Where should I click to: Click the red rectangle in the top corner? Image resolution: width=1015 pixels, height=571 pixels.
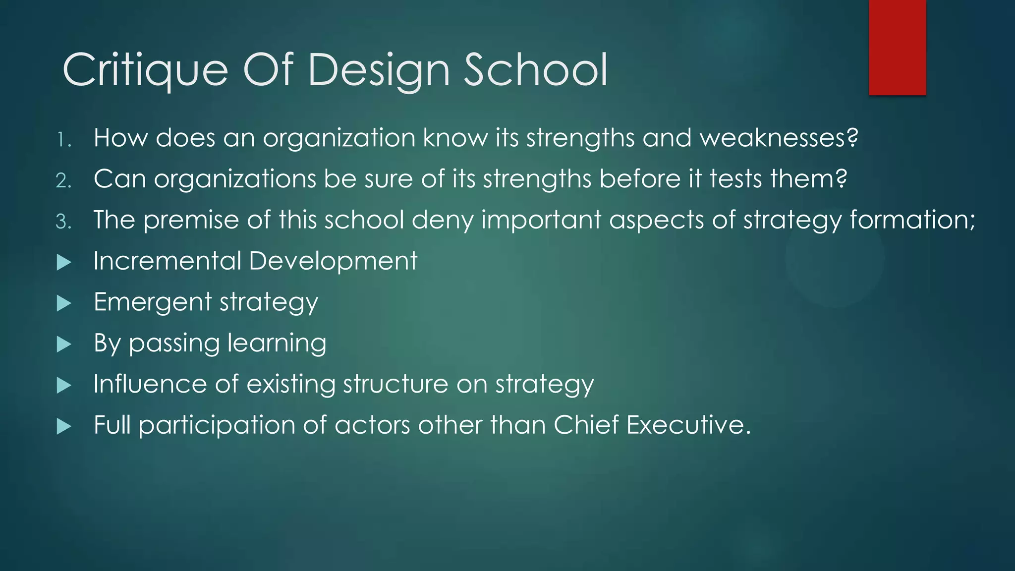pyautogui.click(x=897, y=47)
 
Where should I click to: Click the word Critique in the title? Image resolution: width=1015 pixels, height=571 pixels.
pyautogui.click(x=145, y=70)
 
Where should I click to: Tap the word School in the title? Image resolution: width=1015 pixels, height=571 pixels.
pyautogui.click(x=535, y=70)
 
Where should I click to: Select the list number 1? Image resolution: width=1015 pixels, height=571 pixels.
pyautogui.click(x=63, y=140)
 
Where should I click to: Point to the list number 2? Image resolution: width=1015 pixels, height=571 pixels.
pyautogui.click(x=63, y=181)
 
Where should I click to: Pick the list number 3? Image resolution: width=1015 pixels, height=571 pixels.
pyautogui.click(x=63, y=222)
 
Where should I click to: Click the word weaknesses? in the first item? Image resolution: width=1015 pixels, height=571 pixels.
pyautogui.click(x=779, y=138)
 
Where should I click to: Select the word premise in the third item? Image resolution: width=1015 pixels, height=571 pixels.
pyautogui.click(x=191, y=220)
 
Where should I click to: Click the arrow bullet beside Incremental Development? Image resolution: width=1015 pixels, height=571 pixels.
pyautogui.click(x=64, y=262)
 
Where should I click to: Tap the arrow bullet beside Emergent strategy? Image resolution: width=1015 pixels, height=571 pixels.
pyautogui.click(x=64, y=303)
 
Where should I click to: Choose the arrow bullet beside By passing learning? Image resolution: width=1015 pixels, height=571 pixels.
pyautogui.click(x=64, y=344)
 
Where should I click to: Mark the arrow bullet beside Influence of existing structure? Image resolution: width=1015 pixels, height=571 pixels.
pyautogui.click(x=64, y=386)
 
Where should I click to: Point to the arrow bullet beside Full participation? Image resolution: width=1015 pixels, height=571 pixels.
pyautogui.click(x=64, y=426)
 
